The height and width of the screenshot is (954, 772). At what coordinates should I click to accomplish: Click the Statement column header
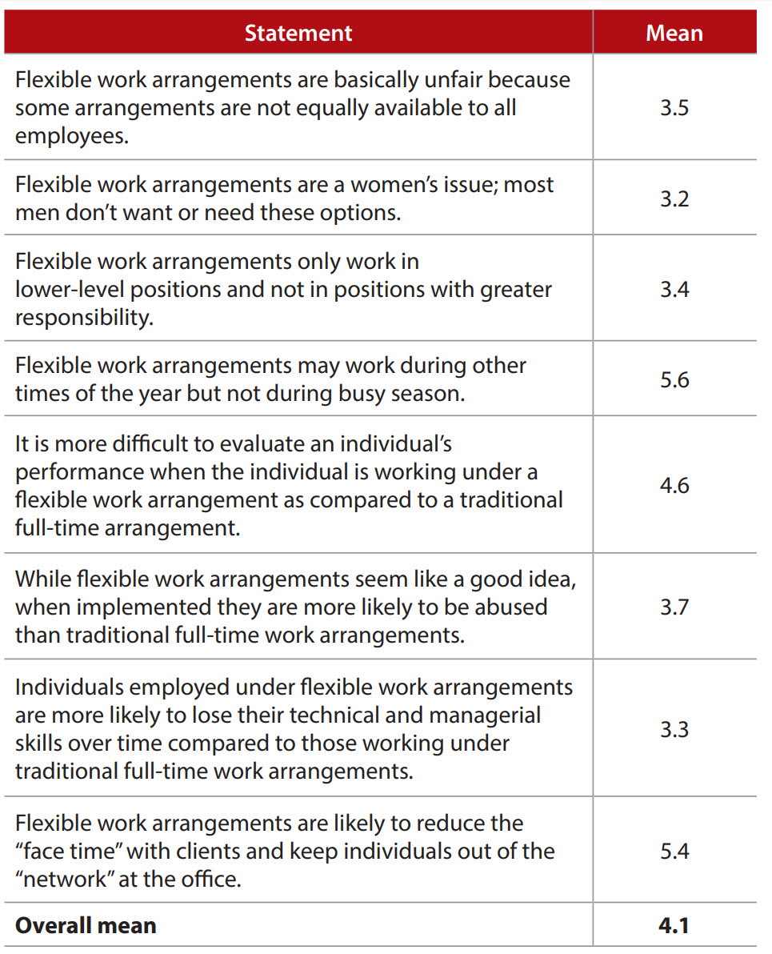coord(298,33)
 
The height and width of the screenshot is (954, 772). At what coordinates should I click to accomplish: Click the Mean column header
coord(674,33)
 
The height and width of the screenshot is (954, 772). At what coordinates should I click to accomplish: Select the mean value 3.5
coord(674,107)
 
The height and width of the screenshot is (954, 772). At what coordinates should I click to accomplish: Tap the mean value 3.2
coord(674,198)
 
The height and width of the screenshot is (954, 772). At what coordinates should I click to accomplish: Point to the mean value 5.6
coord(674,379)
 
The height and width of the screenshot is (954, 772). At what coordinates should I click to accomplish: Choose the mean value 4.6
coord(674,485)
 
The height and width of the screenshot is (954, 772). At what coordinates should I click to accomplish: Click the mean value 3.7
coord(674,607)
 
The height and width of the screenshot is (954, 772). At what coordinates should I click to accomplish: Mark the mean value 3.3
coord(674,728)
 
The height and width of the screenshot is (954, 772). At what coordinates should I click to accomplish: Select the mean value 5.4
coord(674,850)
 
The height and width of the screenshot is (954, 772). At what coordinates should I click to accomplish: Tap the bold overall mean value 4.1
coord(674,925)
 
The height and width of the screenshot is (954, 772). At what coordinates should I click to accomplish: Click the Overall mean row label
coord(86,925)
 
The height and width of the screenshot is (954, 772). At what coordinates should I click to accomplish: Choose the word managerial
coord(475,714)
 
